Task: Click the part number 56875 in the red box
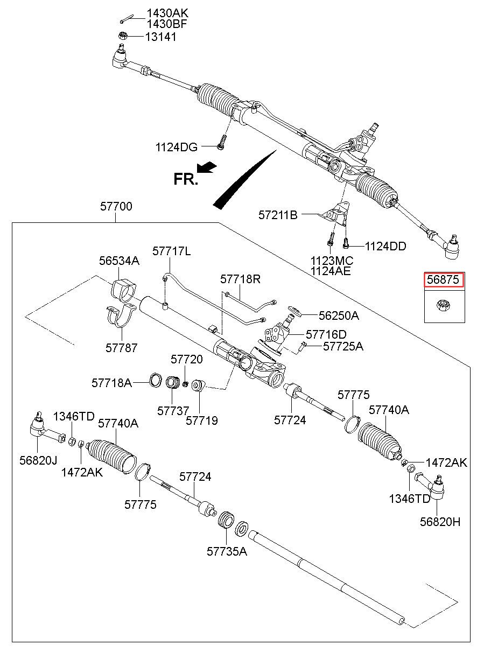pyautogui.click(x=444, y=280)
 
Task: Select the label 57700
pyautogui.click(x=116, y=206)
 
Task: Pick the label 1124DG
pyautogui.click(x=177, y=146)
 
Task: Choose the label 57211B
pyautogui.click(x=278, y=215)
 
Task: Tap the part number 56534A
pyautogui.click(x=119, y=261)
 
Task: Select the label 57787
pyautogui.click(x=121, y=348)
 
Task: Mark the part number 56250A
pyautogui.click(x=339, y=316)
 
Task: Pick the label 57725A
pyautogui.click(x=343, y=347)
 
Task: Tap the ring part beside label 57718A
pyautogui.click(x=155, y=379)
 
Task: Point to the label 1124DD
pyautogui.click(x=385, y=246)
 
